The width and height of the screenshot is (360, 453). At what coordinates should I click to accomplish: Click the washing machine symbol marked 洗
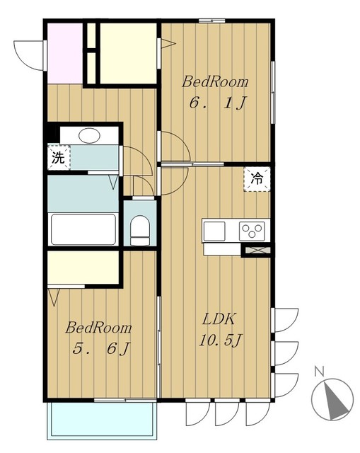click(59, 157)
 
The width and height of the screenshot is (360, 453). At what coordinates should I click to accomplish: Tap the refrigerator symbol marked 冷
click(257, 179)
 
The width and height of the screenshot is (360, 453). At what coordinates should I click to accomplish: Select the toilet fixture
click(140, 230)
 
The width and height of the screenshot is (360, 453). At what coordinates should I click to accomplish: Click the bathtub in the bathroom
click(83, 229)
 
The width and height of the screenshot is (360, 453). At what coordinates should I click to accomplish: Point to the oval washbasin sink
click(90, 135)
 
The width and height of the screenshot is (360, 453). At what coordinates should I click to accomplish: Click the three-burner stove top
click(252, 231)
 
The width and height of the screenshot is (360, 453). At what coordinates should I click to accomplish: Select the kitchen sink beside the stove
click(214, 231)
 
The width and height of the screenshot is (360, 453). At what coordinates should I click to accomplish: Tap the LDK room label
click(219, 319)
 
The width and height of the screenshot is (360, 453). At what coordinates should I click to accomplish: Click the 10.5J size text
click(220, 340)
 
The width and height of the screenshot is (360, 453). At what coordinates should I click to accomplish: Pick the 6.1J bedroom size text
click(217, 103)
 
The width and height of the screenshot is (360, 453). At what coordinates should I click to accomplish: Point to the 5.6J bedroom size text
click(101, 348)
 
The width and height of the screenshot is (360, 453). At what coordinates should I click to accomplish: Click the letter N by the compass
click(319, 371)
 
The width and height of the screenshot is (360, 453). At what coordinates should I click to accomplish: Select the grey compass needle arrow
click(334, 401)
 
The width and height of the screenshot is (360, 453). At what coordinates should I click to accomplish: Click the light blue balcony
click(102, 420)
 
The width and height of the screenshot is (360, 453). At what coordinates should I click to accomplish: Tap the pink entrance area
click(64, 54)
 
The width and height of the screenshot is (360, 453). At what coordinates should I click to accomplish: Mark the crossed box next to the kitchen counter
click(256, 250)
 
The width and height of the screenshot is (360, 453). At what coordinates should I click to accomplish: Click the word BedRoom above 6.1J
click(215, 81)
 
